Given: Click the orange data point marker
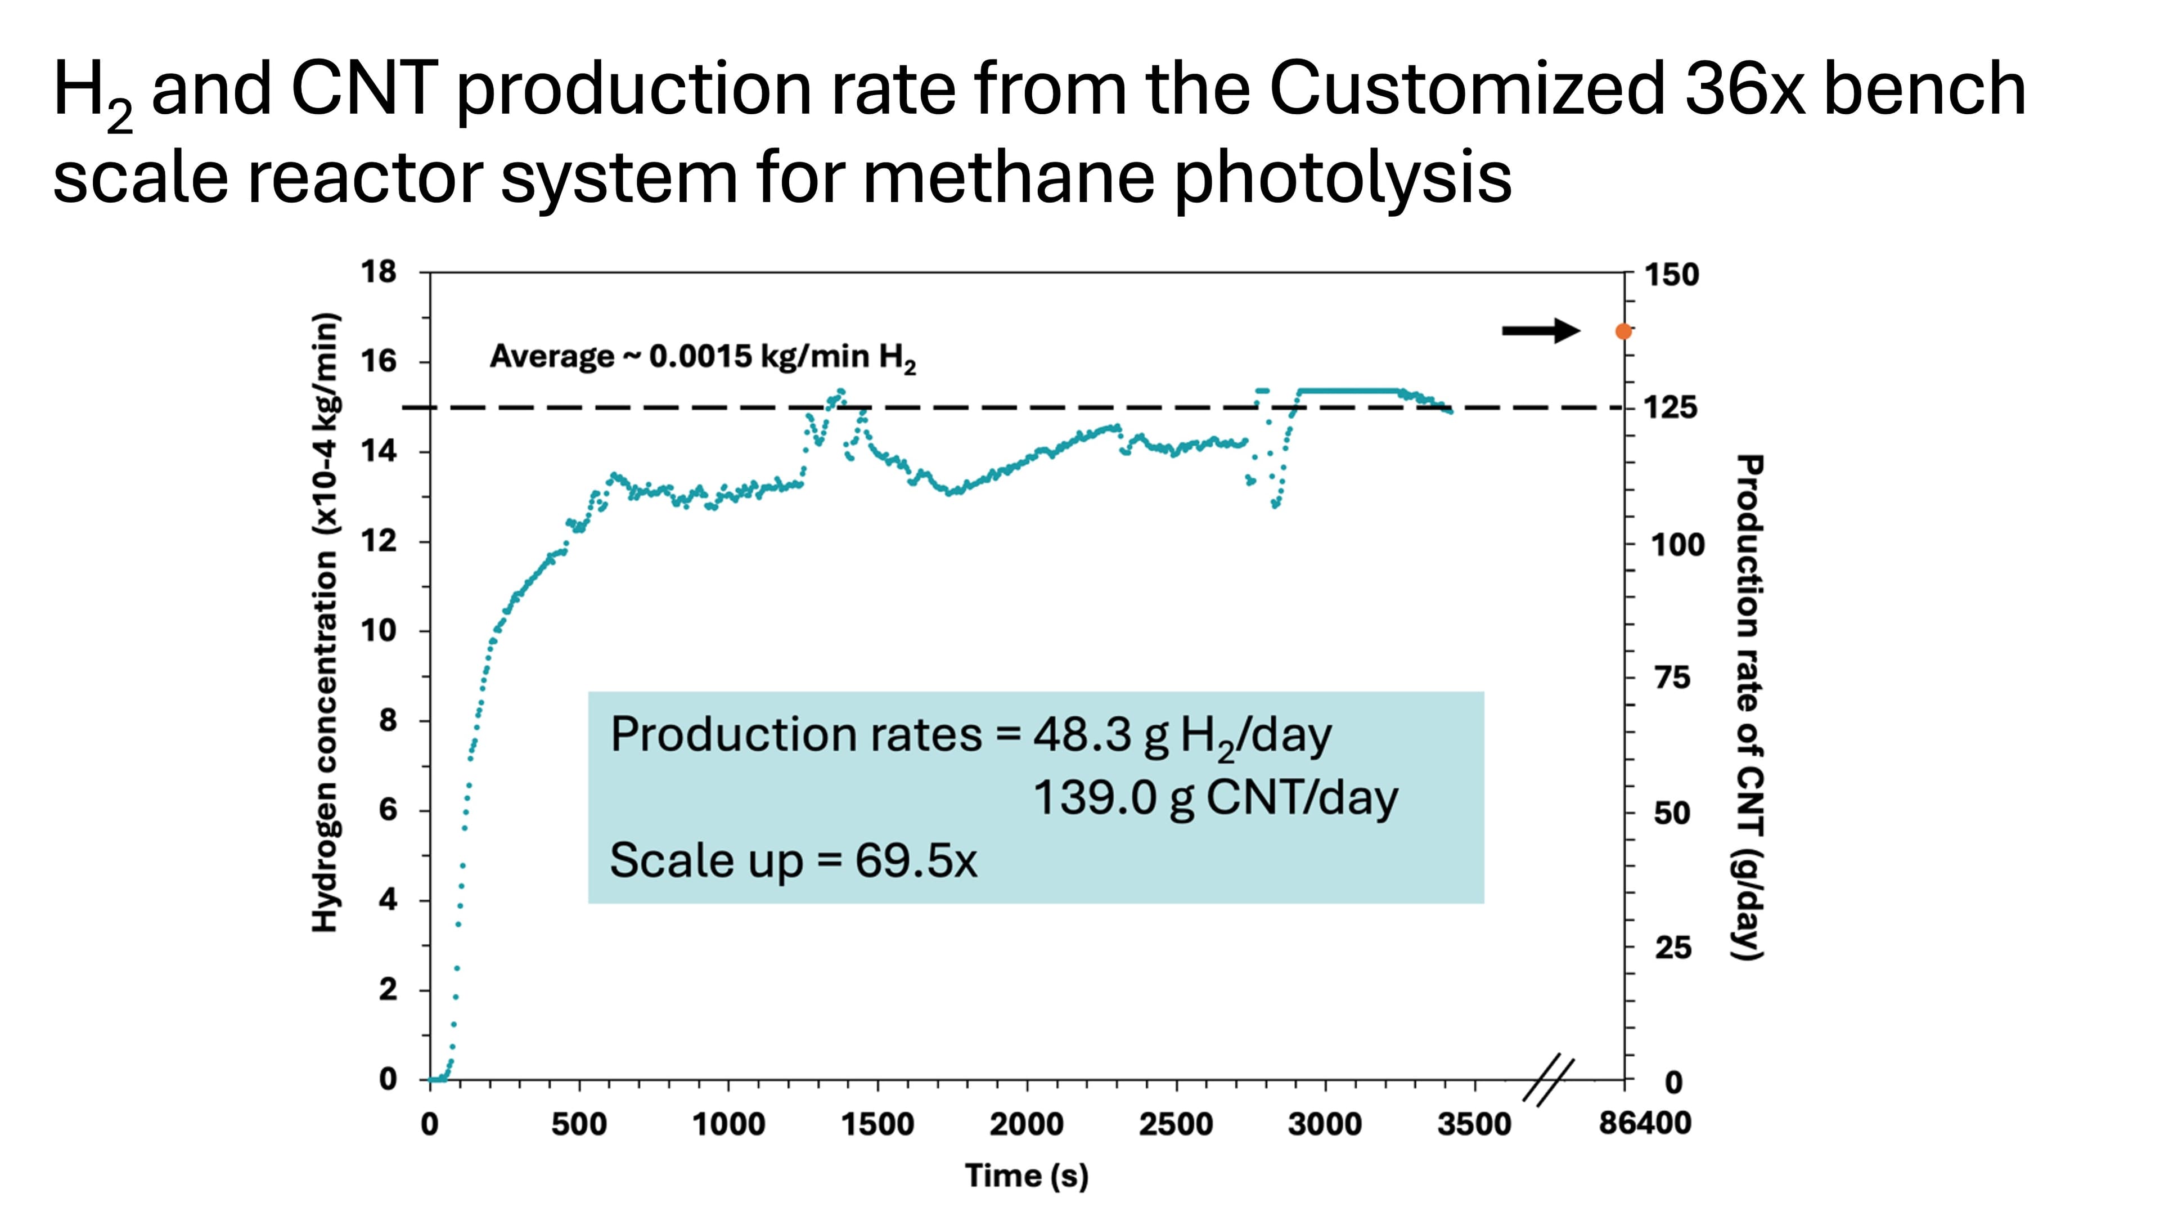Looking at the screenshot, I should pyautogui.click(x=1623, y=331).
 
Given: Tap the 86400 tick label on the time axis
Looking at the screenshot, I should pyautogui.click(x=1644, y=1123).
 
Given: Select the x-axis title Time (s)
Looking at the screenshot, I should pyautogui.click(x=1027, y=1175).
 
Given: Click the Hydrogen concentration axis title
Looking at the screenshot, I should pyautogui.click(x=325, y=622).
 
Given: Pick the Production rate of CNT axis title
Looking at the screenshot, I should pyautogui.click(x=1749, y=706).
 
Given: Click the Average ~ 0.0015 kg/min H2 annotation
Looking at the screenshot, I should pyautogui.click(x=703, y=358).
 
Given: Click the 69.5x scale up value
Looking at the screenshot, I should pyautogui.click(x=916, y=860).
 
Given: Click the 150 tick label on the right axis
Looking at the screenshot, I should pyautogui.click(x=1671, y=275).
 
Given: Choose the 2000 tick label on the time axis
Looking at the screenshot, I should pyautogui.click(x=1027, y=1124).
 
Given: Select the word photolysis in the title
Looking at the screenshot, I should pyautogui.click(x=1342, y=178).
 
